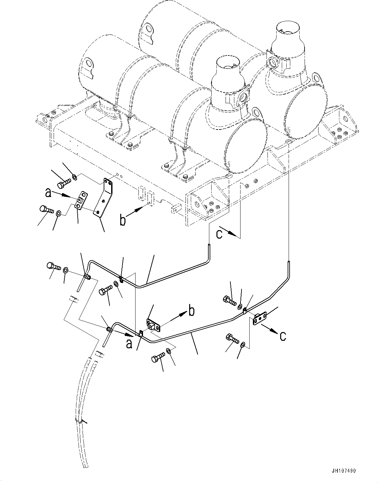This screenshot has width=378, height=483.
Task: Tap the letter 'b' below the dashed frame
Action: pyautogui.click(x=123, y=220)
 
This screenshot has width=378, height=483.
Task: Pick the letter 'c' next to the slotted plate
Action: pyautogui.click(x=283, y=336)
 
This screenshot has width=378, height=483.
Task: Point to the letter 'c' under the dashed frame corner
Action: pyautogui.click(x=220, y=234)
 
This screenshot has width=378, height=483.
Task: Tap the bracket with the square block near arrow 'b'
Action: pyautogui.click(x=154, y=325)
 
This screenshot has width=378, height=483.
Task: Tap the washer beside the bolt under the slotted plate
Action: pyautogui.click(x=242, y=344)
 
